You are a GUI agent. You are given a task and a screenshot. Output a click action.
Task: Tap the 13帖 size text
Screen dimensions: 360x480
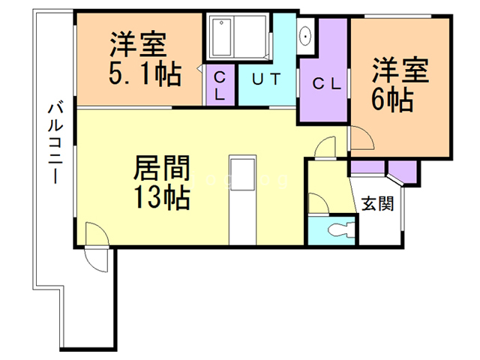tap(162, 198)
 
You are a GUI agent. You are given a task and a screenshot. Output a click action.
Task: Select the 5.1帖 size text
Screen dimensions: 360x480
tap(145, 74)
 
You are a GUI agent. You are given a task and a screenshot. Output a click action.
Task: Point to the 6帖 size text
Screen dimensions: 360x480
tap(392, 100)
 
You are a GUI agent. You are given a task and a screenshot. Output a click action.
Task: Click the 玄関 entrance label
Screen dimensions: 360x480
tap(377, 203)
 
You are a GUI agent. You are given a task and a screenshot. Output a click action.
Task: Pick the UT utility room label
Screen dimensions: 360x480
tap(265, 79)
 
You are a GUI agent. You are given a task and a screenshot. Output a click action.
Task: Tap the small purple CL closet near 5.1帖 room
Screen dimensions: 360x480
tap(220, 85)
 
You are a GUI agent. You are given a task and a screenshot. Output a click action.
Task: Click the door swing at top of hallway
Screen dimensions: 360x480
tap(325, 148)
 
